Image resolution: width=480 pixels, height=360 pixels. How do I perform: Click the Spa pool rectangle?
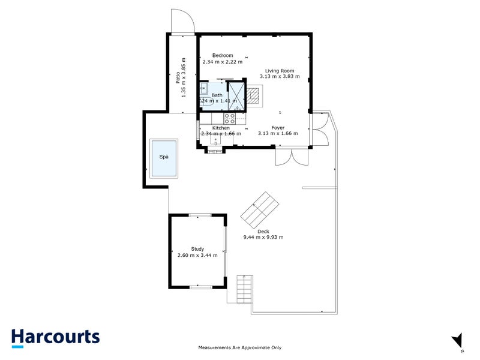click(x=164, y=158)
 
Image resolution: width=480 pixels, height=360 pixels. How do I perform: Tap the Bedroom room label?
click(x=222, y=55)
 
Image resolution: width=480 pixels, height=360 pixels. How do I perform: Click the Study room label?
click(x=197, y=249)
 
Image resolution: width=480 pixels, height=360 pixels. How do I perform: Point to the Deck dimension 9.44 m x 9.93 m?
click(x=263, y=237)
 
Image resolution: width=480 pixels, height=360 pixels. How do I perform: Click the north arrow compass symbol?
click(x=458, y=340)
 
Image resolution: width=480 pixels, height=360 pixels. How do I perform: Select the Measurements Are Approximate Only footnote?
click(x=239, y=347)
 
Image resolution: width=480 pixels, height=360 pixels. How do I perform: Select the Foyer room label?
click(x=278, y=127)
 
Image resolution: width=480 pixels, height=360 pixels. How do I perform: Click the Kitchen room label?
click(x=221, y=128)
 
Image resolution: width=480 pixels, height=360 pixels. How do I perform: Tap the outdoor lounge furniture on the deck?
click(x=259, y=208)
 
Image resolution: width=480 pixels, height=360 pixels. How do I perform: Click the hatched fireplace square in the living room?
click(x=256, y=95)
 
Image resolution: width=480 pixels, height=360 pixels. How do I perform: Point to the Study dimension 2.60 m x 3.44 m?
click(x=197, y=256)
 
